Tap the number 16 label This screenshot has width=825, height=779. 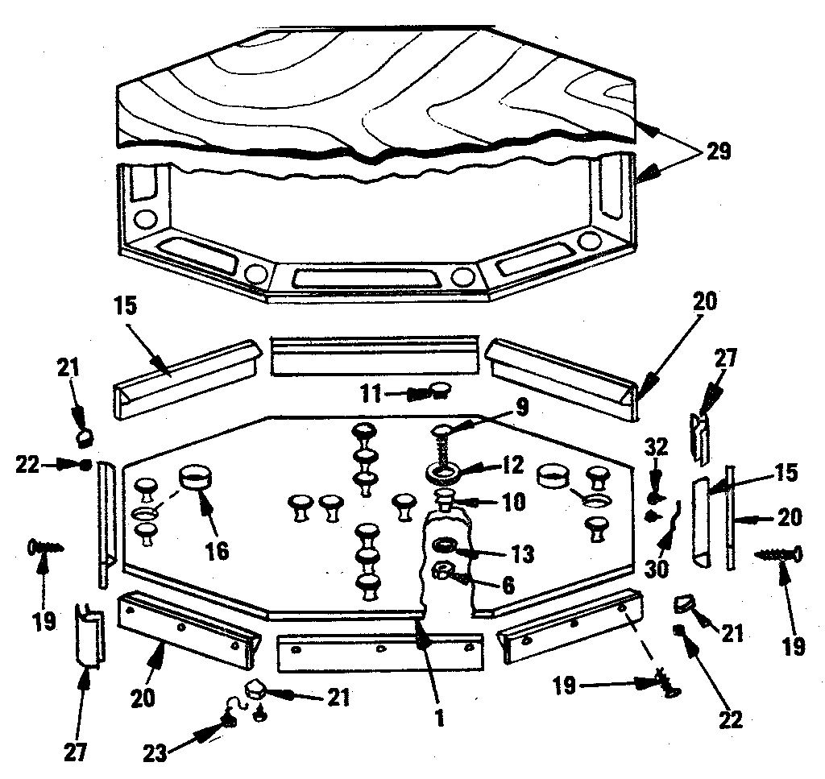pyautogui.click(x=216, y=551)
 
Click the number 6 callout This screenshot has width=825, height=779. pyautogui.click(x=507, y=586)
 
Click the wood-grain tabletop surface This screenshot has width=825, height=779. pyautogui.click(x=363, y=89)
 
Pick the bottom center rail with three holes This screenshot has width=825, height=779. pyautogui.click(x=379, y=652)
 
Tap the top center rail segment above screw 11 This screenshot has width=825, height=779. pyautogui.click(x=375, y=356)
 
